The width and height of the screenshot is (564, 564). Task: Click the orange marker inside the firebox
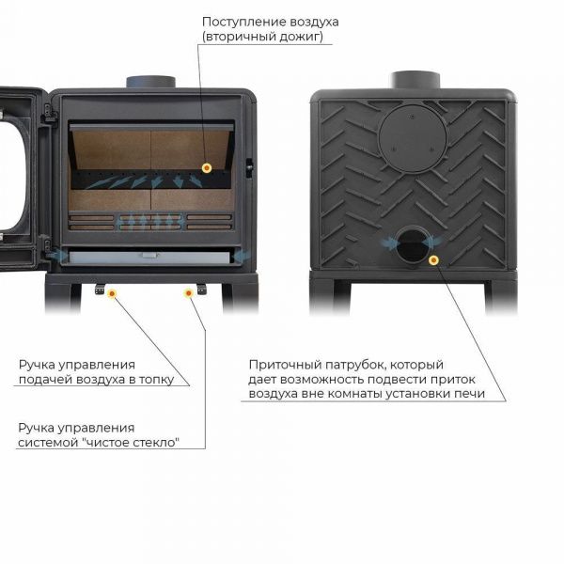pos(207,167)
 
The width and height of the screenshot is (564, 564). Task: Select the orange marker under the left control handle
pos(112,294)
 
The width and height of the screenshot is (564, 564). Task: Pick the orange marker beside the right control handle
pos(189,293)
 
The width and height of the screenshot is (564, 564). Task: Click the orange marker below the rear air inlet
pos(433,260)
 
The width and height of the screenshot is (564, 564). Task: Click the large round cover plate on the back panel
pos(413,138)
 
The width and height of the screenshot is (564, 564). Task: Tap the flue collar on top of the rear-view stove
pos(415,80)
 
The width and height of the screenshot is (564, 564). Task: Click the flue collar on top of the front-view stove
pos(150,82)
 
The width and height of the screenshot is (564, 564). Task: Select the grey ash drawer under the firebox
pos(149,258)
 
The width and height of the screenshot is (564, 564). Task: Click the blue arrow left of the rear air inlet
pos(389,243)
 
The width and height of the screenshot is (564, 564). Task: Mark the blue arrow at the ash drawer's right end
pos(242,257)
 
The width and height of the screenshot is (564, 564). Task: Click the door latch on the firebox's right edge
pos(249,168)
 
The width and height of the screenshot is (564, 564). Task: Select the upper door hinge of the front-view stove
pos(48,112)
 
